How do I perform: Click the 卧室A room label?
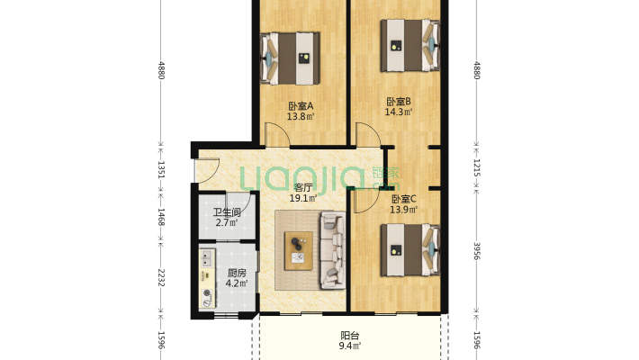coord(301,106)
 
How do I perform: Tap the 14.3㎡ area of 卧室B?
coord(399,112)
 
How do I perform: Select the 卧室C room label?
coord(404,200)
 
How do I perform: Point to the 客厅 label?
coord(303,188)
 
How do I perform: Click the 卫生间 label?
coord(227,212)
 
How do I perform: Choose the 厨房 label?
coord(237,273)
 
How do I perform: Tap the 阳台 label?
coord(350,336)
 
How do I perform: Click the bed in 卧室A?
coord(290,58)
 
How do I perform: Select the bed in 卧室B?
coord(410,46)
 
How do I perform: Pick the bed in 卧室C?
coord(410,249)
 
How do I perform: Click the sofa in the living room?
coord(333,250)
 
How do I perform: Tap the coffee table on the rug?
coord(299,251)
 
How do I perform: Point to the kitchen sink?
coord(207,258)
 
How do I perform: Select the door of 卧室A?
coord(277,134)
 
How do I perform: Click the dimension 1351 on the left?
coord(161,169)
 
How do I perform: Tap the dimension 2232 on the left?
coord(161,277)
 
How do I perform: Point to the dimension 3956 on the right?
coord(477,251)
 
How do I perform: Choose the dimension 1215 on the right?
coord(477,167)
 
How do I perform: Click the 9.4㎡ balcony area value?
coord(350,346)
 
